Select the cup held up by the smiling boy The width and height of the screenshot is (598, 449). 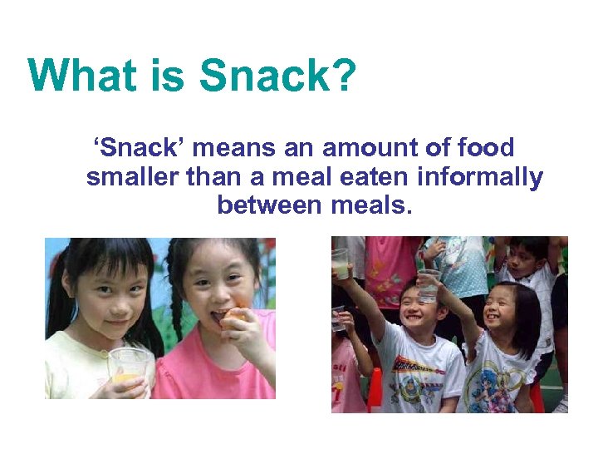click(x=429, y=284)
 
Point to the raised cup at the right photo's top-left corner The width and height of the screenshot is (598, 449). click(x=340, y=263)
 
